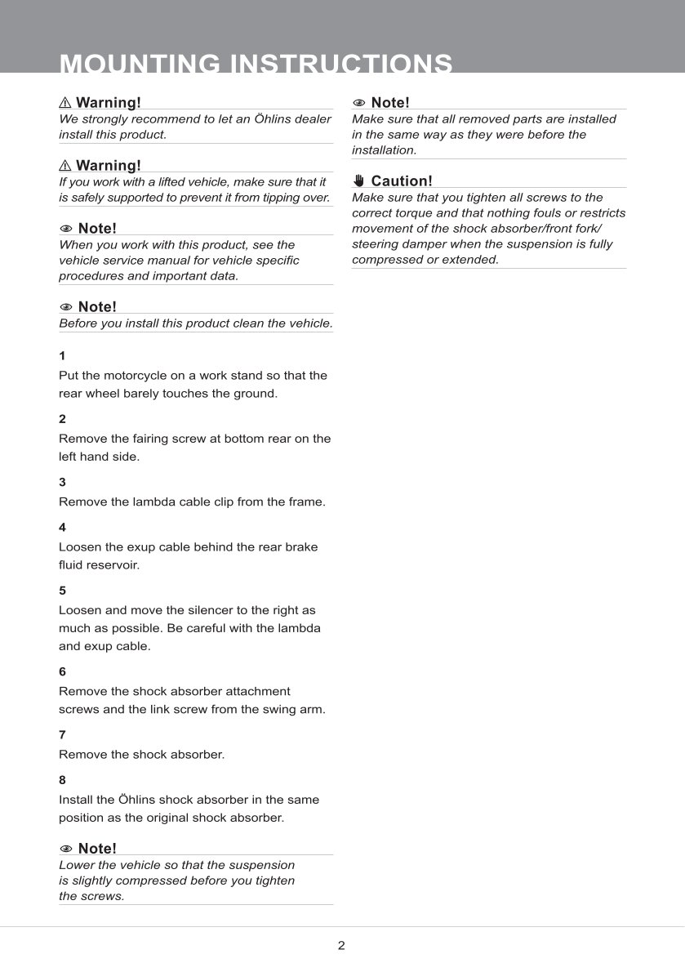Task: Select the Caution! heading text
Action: pyautogui.click(x=402, y=181)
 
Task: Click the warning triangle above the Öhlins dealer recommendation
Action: pyautogui.click(x=65, y=103)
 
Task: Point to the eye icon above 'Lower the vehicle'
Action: pyautogui.click(x=66, y=849)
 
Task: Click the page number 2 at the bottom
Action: pyautogui.click(x=341, y=946)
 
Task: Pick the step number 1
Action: pyautogui.click(x=62, y=356)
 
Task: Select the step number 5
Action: pyautogui.click(x=62, y=591)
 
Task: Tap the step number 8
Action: pyautogui.click(x=62, y=780)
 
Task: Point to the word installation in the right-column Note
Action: pyautogui.click(x=384, y=150)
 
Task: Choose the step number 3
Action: pyautogui.click(x=62, y=482)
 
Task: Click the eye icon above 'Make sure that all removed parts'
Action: pyautogui.click(x=359, y=103)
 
